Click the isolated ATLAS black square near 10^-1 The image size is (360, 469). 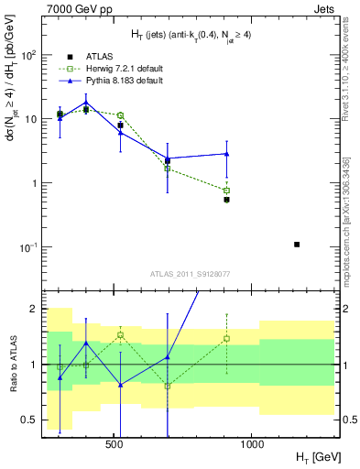point(297,245)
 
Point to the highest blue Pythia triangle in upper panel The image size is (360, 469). point(86,103)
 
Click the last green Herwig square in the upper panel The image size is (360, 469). point(226,191)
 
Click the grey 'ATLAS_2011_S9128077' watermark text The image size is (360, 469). point(189,273)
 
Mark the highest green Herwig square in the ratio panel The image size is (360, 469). point(120,334)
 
